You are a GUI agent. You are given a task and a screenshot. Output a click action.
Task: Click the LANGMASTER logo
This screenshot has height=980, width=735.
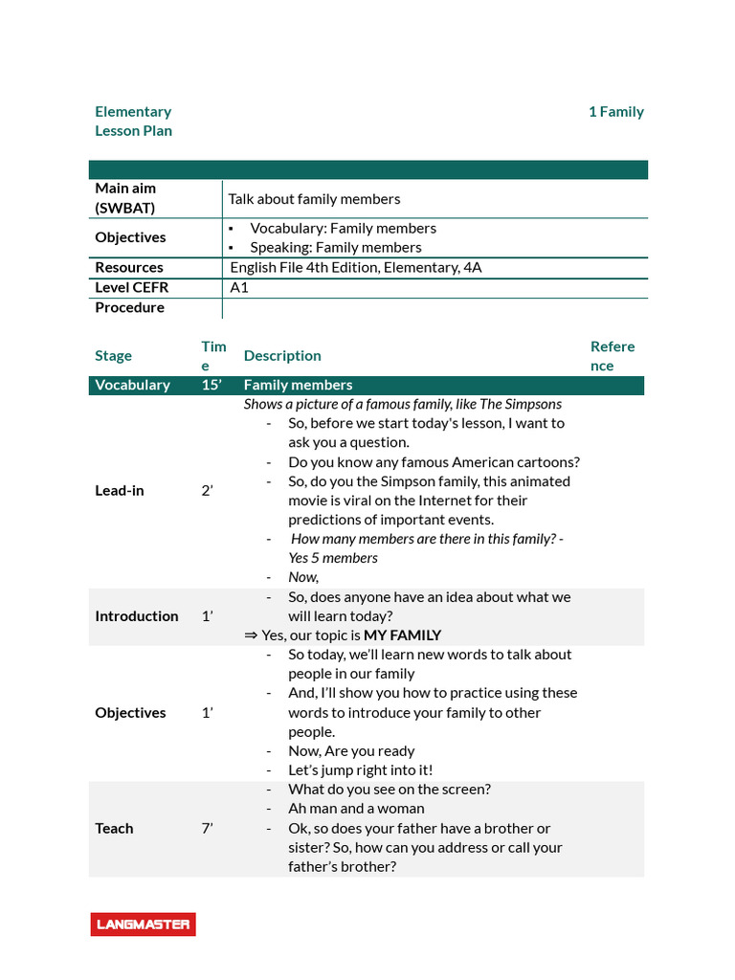[143, 924]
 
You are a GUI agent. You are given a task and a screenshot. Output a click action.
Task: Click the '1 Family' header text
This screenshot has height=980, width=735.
[615, 112]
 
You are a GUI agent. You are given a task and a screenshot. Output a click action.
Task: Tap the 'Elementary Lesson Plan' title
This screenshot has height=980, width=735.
[133, 122]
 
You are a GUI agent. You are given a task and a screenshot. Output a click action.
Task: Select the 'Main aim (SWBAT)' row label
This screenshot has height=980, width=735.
[125, 198]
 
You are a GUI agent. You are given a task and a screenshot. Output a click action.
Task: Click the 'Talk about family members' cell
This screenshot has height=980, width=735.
[314, 199]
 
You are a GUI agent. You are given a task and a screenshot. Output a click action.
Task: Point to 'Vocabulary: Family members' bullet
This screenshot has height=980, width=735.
[343, 228]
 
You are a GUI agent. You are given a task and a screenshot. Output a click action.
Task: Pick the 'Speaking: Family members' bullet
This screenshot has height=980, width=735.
[335, 247]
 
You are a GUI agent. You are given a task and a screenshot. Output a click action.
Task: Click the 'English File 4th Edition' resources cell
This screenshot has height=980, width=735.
[356, 267]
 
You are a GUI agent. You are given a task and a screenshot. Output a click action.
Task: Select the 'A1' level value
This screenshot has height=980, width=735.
[239, 287]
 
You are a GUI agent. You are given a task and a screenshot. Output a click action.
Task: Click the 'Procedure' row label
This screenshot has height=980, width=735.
[129, 307]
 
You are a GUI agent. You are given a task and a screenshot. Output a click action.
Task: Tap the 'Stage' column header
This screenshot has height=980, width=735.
[113, 356]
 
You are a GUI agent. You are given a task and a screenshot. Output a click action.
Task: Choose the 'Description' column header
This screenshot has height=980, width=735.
[282, 356]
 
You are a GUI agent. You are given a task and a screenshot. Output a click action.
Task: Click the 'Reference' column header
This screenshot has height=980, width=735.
[612, 356]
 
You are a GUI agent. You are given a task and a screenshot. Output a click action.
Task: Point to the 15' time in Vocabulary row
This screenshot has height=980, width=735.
[212, 385]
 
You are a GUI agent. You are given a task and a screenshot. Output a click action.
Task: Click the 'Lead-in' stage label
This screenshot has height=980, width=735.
[120, 490]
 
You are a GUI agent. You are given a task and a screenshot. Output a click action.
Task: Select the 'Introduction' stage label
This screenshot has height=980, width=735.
[136, 616]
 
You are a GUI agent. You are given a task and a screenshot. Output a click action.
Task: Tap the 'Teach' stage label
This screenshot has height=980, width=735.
[114, 828]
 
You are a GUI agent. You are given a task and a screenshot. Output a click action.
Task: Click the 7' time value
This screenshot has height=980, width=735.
[207, 828]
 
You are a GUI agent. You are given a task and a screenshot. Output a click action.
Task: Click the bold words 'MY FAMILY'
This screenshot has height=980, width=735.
[402, 635]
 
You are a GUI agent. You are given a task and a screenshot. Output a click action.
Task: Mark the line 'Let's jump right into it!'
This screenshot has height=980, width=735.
[360, 769]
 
